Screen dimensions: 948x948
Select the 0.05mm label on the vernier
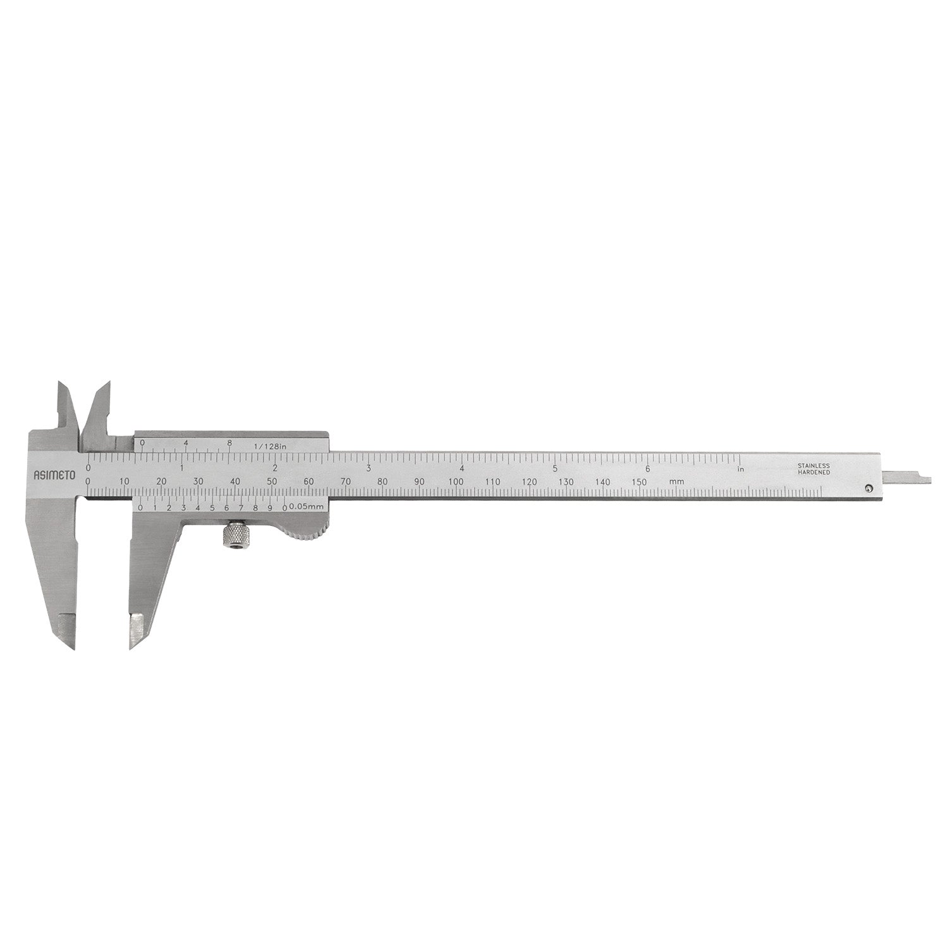307,507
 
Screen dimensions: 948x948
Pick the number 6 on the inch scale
648,468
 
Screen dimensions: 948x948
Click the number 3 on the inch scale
368,468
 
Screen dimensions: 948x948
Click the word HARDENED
813,473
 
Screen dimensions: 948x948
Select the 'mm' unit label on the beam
677,482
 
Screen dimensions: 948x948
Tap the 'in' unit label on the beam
742,469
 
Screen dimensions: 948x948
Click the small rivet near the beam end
869,487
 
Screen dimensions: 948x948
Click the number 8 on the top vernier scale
229,443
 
